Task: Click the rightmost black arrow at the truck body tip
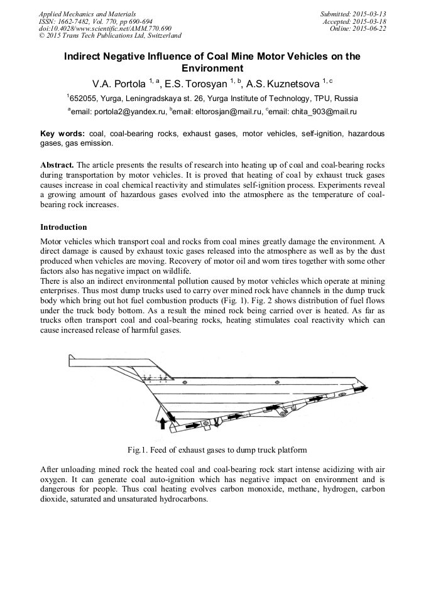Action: [x=363, y=389]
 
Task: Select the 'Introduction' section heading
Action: [x=63, y=227]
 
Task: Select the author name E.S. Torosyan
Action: [x=196, y=83]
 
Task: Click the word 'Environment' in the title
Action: [x=212, y=68]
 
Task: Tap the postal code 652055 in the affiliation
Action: [x=83, y=99]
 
